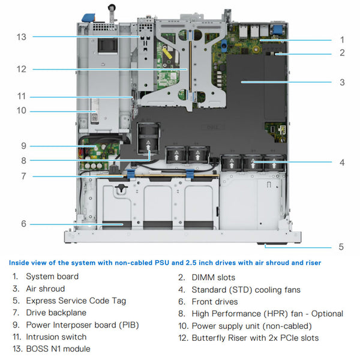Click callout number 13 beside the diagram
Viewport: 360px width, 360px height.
(22, 37)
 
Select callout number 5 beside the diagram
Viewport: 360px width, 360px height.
(341, 247)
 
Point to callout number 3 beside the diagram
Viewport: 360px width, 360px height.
(341, 82)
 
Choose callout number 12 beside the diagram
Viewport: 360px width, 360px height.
(22, 69)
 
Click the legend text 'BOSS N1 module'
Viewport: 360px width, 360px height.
(58, 349)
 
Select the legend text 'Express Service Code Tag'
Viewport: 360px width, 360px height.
(76, 301)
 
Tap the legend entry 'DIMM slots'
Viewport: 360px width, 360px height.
(213, 277)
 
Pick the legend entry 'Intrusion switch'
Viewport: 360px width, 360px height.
(56, 337)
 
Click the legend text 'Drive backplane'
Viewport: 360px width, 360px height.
(56, 313)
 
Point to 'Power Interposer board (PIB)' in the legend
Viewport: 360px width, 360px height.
(82, 325)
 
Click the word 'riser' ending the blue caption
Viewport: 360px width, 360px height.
(311, 263)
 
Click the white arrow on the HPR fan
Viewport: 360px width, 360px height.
(147, 144)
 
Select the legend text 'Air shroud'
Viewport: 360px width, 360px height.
(46, 289)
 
